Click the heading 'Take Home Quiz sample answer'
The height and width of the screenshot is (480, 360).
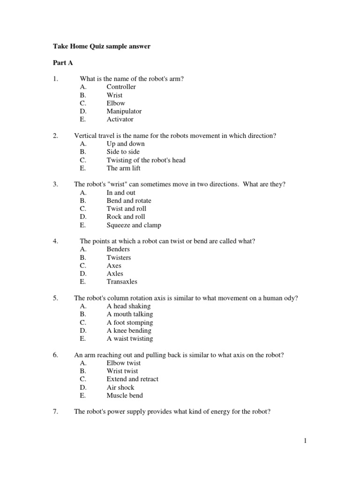[x=101, y=47]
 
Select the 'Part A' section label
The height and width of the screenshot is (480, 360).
[x=63, y=63]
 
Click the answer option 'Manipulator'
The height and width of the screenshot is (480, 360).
[x=124, y=111]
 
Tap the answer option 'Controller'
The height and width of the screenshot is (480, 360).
[x=121, y=87]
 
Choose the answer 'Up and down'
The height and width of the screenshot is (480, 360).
[x=126, y=143]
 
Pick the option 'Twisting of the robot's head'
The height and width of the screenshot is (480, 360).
[x=146, y=160]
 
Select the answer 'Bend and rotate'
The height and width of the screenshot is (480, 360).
[x=129, y=201]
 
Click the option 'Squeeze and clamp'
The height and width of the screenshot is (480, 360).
[x=134, y=225]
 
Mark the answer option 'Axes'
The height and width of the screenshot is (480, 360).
[x=114, y=265]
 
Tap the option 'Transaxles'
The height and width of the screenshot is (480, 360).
[x=122, y=282]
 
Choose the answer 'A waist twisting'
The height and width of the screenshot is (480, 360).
[x=129, y=338]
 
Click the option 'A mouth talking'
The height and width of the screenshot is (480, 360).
[x=129, y=314]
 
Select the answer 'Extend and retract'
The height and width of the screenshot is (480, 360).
[x=132, y=379]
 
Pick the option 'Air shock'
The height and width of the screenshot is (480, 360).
[x=120, y=387]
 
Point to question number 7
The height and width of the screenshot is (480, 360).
[x=55, y=412]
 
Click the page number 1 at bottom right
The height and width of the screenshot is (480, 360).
[x=305, y=441]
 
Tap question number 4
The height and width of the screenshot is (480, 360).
[x=55, y=241]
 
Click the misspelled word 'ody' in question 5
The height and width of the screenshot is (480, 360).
[x=292, y=298]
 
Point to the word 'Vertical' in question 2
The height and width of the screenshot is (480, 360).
[x=86, y=135]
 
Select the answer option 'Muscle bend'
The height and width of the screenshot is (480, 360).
[x=125, y=395]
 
